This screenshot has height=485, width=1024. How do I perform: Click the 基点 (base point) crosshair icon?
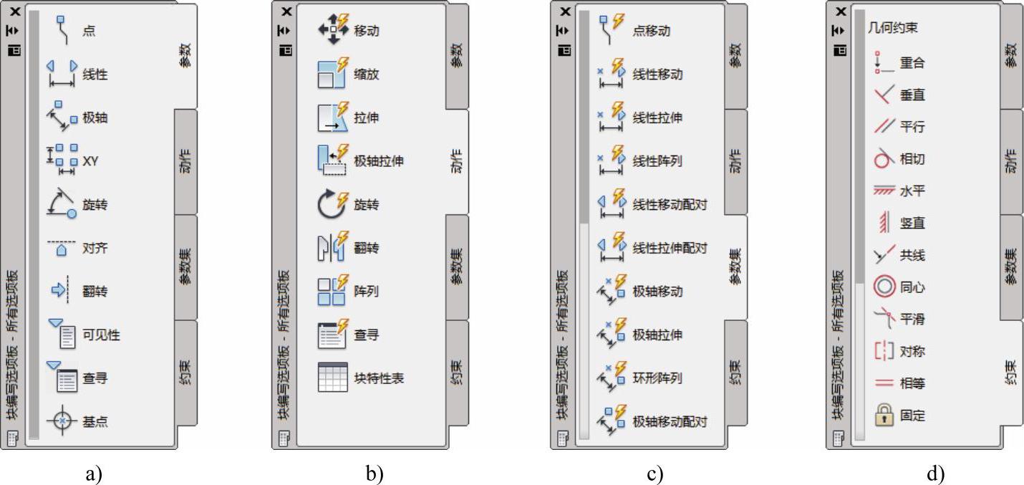pyautogui.click(x=62, y=421)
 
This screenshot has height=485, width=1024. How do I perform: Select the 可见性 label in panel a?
pyautogui.click(x=101, y=335)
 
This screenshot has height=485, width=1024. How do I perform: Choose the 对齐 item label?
pyautogui.click(x=95, y=248)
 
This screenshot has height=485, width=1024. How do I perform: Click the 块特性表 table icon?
pyautogui.click(x=332, y=378)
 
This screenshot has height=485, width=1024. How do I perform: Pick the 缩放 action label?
pyautogui.click(x=366, y=74)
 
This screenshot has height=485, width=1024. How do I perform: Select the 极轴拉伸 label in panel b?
pyautogui.click(x=378, y=160)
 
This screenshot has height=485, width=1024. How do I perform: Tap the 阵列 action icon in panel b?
pyautogui.click(x=332, y=291)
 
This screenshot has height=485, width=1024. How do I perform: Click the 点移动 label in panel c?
pyautogui.click(x=652, y=31)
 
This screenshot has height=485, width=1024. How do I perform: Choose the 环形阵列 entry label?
pyautogui.click(x=657, y=378)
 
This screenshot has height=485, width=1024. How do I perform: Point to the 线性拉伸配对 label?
pyautogui.click(x=670, y=248)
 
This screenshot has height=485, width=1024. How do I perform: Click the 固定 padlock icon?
pyautogui.click(x=884, y=415)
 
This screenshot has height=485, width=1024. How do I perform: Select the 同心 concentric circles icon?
pyautogui.click(x=884, y=287)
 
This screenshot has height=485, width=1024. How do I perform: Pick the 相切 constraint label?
pyautogui.click(x=912, y=159)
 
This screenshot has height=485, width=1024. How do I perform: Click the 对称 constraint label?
pyautogui.click(x=912, y=352)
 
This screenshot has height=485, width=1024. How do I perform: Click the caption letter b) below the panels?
pyautogui.click(x=375, y=474)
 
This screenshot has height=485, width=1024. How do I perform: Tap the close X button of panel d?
pyautogui.click(x=840, y=11)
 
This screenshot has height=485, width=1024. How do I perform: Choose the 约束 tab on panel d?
pyautogui.click(x=1010, y=373)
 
